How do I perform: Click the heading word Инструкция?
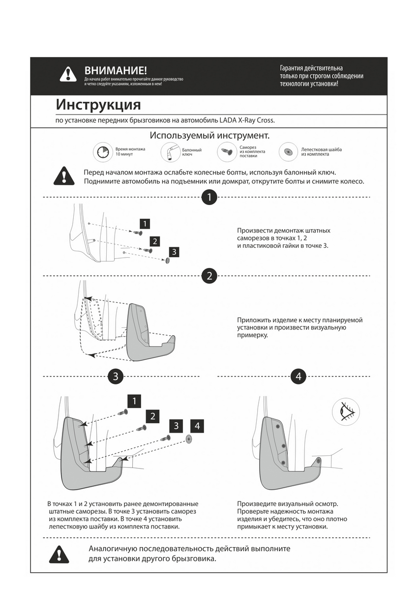pyautogui.click(x=98, y=105)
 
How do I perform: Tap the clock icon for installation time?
pyautogui.click(x=102, y=152)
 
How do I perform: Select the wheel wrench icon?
pyautogui.click(x=170, y=152)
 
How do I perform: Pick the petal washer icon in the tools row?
pyautogui.click(x=288, y=152)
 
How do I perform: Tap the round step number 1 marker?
pyautogui.click(x=209, y=198)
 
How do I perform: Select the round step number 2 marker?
pyautogui.click(x=209, y=275)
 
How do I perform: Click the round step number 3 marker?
pyautogui.click(x=115, y=377)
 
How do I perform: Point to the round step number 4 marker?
pyautogui.click(x=298, y=377)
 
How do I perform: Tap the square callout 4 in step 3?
pyautogui.click(x=197, y=425)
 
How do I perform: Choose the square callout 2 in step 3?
pyautogui.click(x=153, y=416)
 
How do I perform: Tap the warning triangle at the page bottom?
pyautogui.click(x=59, y=554)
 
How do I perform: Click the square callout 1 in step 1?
pyautogui.click(x=145, y=224)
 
